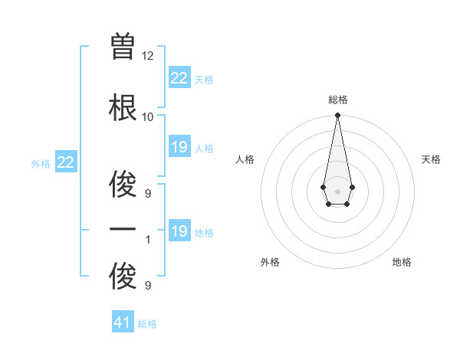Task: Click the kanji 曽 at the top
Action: (x=123, y=47)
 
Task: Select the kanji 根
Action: (x=123, y=108)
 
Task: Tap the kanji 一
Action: (x=123, y=231)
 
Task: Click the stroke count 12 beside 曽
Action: (x=148, y=56)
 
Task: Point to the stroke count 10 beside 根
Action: (x=148, y=117)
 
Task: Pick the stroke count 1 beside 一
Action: (x=148, y=240)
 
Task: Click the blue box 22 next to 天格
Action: (x=179, y=78)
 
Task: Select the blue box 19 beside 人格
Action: (x=179, y=147)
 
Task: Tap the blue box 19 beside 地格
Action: (x=179, y=231)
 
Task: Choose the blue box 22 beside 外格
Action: (x=66, y=162)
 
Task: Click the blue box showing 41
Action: (x=123, y=322)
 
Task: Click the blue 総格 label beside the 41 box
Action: (x=147, y=324)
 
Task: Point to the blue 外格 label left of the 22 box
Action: (x=41, y=163)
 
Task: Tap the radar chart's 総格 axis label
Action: (x=337, y=100)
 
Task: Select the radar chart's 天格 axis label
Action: (x=431, y=159)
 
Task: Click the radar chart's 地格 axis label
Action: (x=402, y=262)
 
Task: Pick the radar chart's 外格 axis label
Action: (x=270, y=262)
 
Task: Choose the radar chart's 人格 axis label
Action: (x=245, y=159)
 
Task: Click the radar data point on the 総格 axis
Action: (x=337, y=116)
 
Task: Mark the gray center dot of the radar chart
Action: (x=337, y=191)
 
